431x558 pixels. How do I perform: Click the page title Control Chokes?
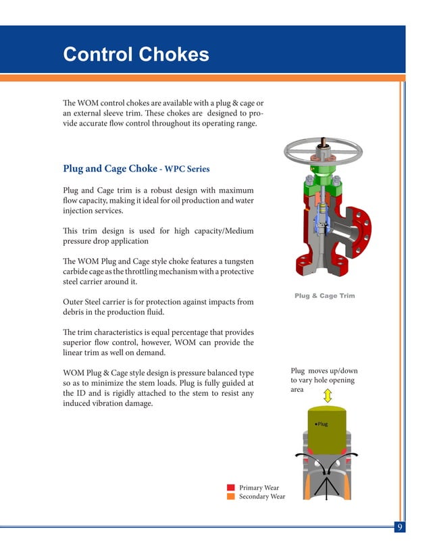click(x=136, y=54)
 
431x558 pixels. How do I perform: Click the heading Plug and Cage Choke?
click(x=109, y=169)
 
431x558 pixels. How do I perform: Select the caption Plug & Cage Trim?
click(x=324, y=296)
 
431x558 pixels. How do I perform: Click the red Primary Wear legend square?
click(x=230, y=487)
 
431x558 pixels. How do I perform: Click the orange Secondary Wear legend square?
click(x=230, y=497)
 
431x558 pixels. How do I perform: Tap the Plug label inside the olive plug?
click(x=322, y=424)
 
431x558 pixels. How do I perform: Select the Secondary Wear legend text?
click(x=262, y=497)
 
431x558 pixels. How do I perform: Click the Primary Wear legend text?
click(x=259, y=487)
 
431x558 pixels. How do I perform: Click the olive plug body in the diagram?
click(x=326, y=436)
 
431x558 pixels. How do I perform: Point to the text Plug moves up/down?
click(x=324, y=371)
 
